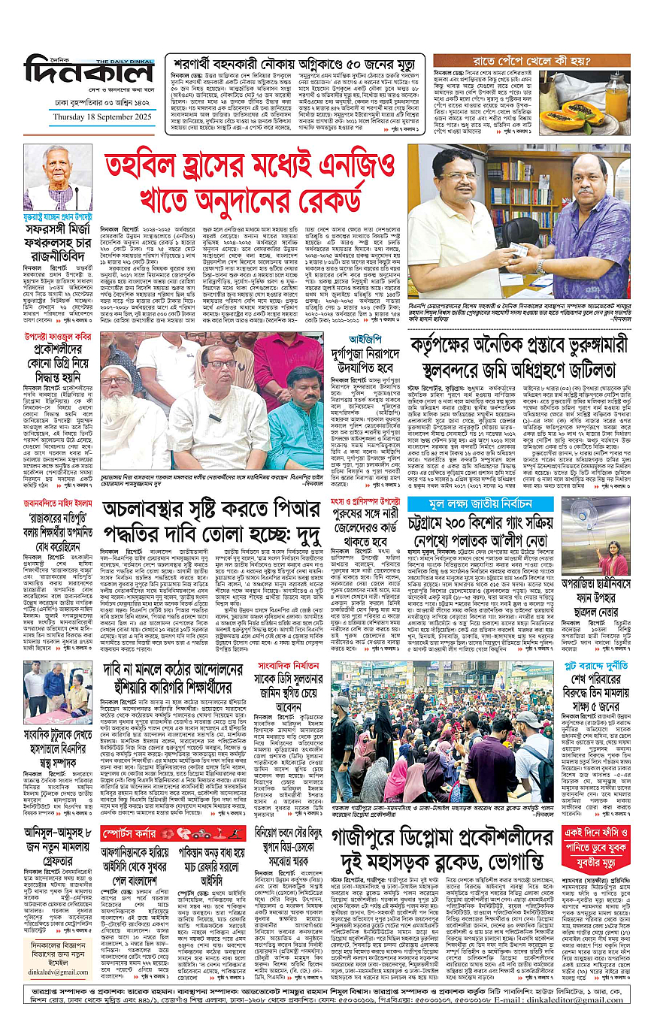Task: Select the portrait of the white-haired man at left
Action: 58,177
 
